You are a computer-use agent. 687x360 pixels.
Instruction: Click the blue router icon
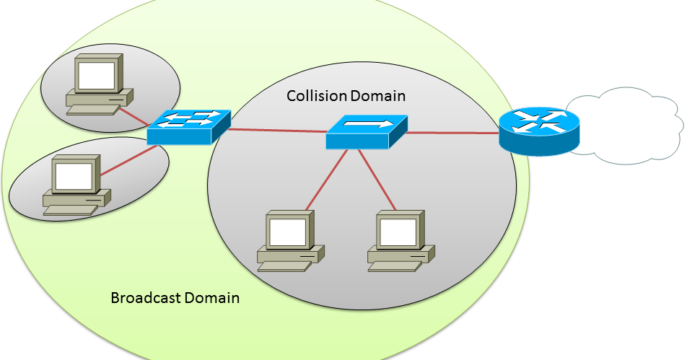tap(539, 129)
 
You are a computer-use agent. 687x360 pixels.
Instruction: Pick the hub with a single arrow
tap(367, 131)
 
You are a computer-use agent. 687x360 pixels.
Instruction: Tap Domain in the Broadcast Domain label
tap(210, 298)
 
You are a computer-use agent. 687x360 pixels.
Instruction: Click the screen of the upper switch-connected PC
tap(97, 74)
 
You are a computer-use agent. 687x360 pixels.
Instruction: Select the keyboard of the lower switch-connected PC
tap(69, 210)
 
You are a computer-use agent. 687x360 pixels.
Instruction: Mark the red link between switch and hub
tap(278, 131)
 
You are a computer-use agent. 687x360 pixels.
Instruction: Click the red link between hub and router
tap(452, 133)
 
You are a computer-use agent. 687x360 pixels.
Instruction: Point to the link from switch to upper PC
tap(134, 115)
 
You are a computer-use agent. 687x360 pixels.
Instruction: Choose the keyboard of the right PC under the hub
tap(391, 267)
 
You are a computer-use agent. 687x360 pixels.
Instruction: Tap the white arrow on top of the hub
tap(367, 125)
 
